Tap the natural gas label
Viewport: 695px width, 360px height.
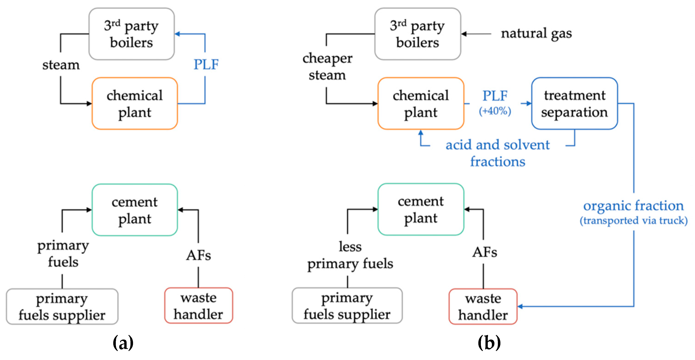[x=536, y=34]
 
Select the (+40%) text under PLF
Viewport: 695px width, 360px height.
[x=495, y=111]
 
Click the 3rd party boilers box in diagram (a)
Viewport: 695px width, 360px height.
[x=131, y=34]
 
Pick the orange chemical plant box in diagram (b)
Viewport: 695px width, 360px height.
[x=420, y=103]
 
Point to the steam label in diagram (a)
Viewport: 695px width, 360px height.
[x=61, y=65]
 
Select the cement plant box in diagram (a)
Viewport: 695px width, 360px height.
[x=134, y=210]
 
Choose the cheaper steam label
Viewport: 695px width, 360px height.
[x=327, y=66]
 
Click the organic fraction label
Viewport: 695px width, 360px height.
[x=633, y=206]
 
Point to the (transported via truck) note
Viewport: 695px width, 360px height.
[x=633, y=220]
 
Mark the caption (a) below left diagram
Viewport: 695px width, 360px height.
[x=123, y=343]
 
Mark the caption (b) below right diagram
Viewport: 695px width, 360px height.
[x=489, y=343]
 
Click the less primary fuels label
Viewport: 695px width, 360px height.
[x=350, y=255]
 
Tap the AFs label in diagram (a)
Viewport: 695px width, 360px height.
[x=198, y=255]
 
